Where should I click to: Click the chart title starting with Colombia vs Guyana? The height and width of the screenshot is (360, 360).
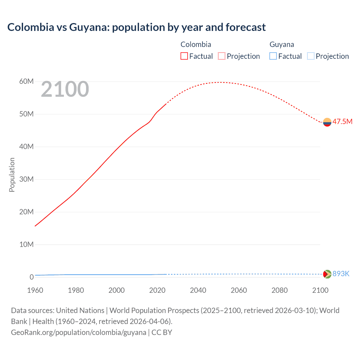coord(136,27)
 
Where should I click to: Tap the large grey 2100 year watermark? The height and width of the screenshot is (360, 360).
coord(65,89)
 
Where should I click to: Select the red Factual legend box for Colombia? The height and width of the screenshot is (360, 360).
coord(184,56)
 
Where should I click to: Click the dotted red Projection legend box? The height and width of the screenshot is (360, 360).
coord(222,56)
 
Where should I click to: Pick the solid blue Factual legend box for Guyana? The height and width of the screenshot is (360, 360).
coord(273,56)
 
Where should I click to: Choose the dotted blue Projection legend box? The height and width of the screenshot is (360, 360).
coord(310,56)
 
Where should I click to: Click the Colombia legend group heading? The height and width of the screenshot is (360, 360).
coord(196,44)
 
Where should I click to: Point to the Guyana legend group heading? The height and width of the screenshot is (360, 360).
coord(282,44)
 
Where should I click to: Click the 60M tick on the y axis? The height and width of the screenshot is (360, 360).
coord(26,82)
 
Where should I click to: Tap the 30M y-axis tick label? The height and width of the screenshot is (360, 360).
coord(26,179)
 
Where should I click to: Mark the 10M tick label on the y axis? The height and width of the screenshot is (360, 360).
coord(26,244)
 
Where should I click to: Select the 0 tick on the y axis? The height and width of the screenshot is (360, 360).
coord(31,277)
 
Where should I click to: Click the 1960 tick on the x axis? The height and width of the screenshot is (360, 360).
coord(35,290)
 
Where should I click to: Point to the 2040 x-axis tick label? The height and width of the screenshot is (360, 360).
coord(198,290)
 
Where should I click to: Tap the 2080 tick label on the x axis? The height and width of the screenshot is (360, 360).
coord(280,290)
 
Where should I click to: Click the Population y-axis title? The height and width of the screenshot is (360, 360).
coord(12,175)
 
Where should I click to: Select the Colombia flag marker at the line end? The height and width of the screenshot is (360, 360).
coord(327,122)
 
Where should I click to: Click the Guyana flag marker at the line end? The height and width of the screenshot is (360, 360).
coord(327,274)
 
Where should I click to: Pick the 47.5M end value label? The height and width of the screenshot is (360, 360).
coord(342,121)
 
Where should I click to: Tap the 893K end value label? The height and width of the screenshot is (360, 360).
coord(341,274)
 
